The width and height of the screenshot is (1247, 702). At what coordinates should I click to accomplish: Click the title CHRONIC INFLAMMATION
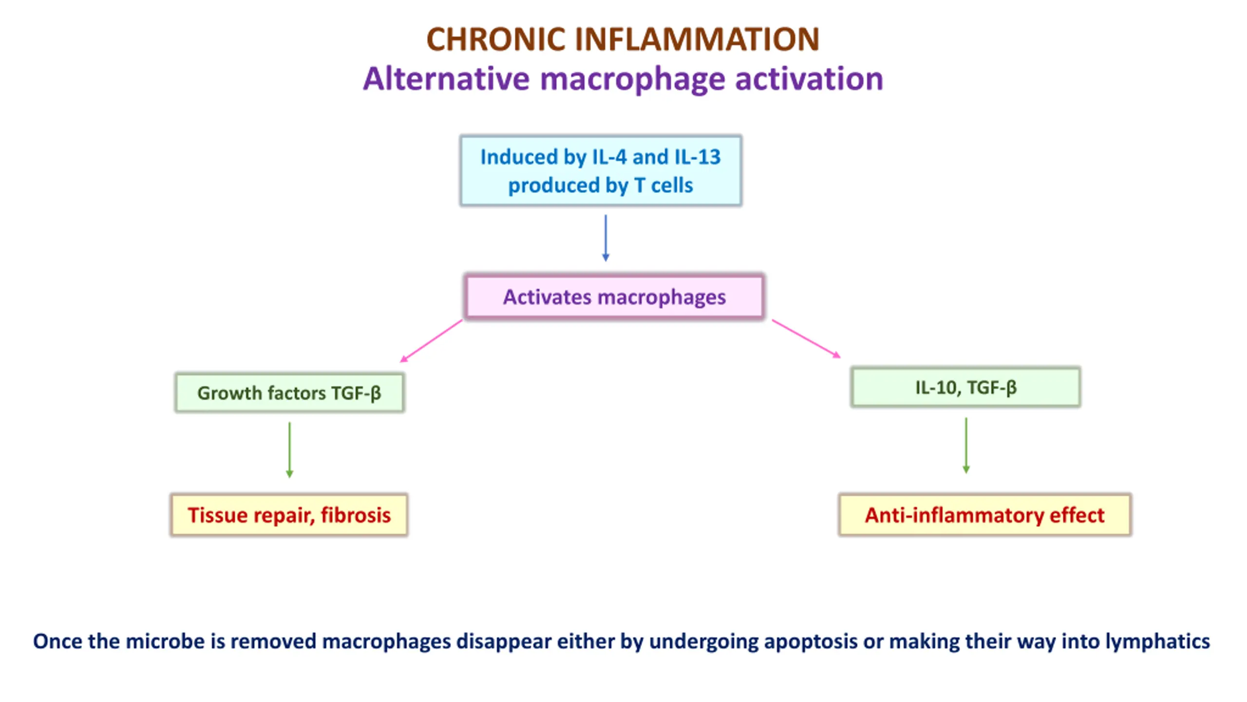point(623,39)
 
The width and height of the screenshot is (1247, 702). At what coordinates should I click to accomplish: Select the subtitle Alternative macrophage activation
point(623,79)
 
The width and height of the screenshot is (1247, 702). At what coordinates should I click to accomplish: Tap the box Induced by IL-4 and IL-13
point(601,171)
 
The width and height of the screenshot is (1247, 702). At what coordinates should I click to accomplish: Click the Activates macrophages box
point(614,296)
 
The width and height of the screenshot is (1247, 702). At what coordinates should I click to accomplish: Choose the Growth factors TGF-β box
point(289,392)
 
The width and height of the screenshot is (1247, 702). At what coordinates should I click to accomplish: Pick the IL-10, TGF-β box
point(965,387)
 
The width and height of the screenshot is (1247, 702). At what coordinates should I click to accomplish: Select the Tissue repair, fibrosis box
point(289,515)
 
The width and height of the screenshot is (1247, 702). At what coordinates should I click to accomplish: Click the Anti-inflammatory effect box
point(984,515)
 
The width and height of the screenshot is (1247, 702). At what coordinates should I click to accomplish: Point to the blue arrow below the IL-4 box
point(605,238)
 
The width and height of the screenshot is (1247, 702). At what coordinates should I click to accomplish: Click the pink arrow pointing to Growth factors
point(431,341)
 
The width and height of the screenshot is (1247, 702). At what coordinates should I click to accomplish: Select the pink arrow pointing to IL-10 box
point(806,339)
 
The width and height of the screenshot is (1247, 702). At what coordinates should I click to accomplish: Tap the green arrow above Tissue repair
point(289,450)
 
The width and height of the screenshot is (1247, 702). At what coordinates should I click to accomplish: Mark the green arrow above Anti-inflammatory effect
point(966,446)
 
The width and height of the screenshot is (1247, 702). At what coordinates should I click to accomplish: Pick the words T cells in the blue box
point(663,185)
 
